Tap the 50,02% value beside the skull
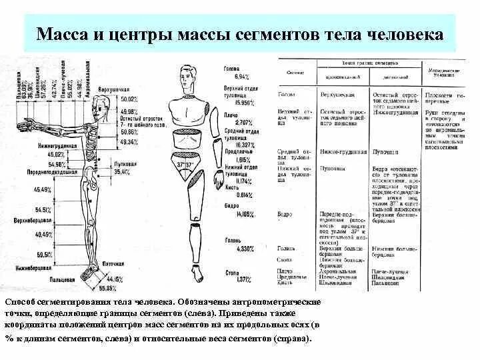click(x=130, y=99)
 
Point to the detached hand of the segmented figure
click(x=217, y=181)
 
